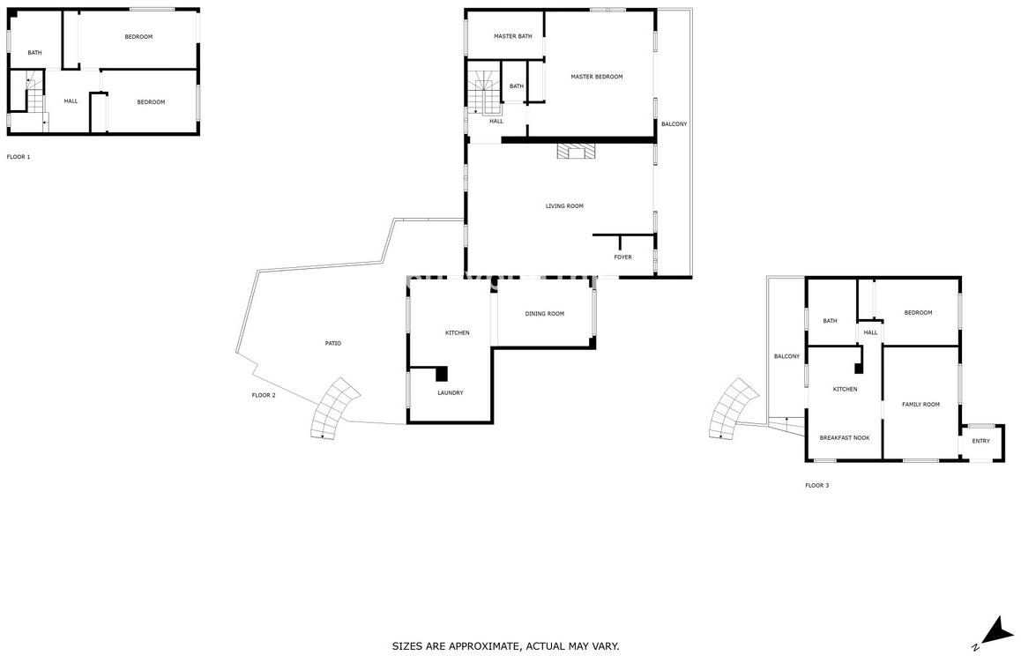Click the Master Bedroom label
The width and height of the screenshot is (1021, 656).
[x=596, y=77]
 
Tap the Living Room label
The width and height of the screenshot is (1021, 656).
[x=564, y=206]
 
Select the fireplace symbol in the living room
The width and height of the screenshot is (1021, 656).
[x=577, y=151]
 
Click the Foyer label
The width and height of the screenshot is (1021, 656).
[x=622, y=257]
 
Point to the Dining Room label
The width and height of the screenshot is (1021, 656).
[x=544, y=314]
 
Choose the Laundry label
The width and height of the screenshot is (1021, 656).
[x=450, y=393]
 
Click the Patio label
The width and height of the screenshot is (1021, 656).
[x=332, y=343]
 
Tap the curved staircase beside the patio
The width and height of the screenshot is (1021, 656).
[x=335, y=408]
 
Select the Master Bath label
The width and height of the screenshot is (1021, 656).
[x=513, y=36]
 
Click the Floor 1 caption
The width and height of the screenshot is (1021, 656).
[x=19, y=157]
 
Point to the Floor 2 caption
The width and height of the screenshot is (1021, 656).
[x=264, y=395]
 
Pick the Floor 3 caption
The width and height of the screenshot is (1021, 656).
[x=817, y=485]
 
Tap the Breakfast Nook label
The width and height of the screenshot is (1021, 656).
[x=845, y=437]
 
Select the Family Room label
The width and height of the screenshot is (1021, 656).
[x=920, y=405]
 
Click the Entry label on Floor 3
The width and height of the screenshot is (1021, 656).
[x=980, y=441]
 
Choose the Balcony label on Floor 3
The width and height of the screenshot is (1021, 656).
[x=786, y=356]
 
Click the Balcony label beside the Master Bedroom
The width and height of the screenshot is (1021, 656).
[x=674, y=123]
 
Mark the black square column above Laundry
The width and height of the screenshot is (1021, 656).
[x=442, y=373]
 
